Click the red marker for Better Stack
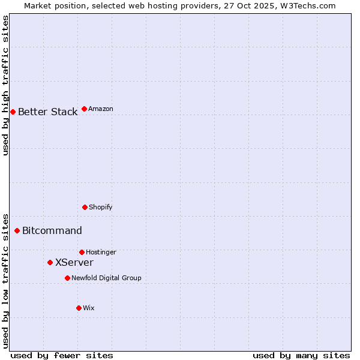pyautogui.click(x=13, y=112)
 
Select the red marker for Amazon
pyautogui.click(x=84, y=109)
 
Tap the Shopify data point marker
pyautogui.click(x=85, y=207)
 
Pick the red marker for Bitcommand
pyautogui.click(x=17, y=230)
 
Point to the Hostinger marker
pyautogui.click(x=82, y=252)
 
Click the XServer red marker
pyautogui.click(x=50, y=262)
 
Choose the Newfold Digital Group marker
pyautogui.click(x=67, y=278)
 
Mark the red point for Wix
pyautogui.click(x=79, y=308)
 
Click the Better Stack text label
pyautogui.click(x=47, y=112)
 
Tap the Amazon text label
pyautogui.click(x=100, y=109)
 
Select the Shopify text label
pyautogui.click(x=100, y=207)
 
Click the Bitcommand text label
pyautogui.click(x=52, y=230)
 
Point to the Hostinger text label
pyautogui.click(x=101, y=252)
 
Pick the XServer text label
pyautogui.click(x=74, y=262)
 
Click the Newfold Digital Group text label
pyautogui.click(x=106, y=278)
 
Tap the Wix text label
pyautogui.click(x=88, y=308)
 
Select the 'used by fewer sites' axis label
pyautogui.click(x=62, y=355)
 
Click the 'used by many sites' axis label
pyautogui.click(x=301, y=355)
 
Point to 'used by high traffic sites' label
pyautogui.click(x=5, y=85)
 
